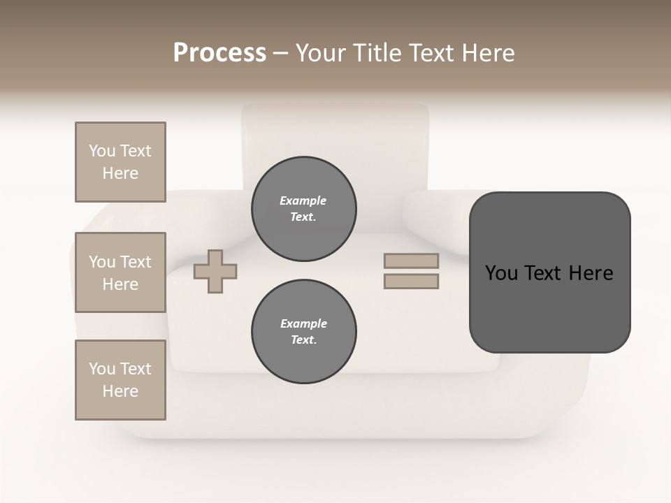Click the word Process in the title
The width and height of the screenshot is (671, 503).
point(219,53)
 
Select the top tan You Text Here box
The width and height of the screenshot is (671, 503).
point(120,162)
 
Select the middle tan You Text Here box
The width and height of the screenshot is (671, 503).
point(120,272)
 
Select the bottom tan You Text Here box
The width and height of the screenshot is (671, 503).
point(120,380)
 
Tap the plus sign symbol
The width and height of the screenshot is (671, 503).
point(215,271)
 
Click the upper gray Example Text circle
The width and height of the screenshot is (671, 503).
point(303,209)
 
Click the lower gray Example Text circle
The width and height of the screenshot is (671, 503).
point(303,332)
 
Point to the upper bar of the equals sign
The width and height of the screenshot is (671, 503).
point(411,261)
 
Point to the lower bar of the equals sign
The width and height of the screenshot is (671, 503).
point(411,282)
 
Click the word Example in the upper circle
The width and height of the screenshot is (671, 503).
point(303,201)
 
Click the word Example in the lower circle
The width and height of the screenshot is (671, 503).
point(303,324)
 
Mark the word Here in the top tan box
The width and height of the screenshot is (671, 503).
point(120,173)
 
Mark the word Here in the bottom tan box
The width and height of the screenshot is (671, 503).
point(120,391)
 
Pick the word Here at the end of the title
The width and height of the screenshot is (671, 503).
point(488,53)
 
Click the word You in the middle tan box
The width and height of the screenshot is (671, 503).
point(102,262)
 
